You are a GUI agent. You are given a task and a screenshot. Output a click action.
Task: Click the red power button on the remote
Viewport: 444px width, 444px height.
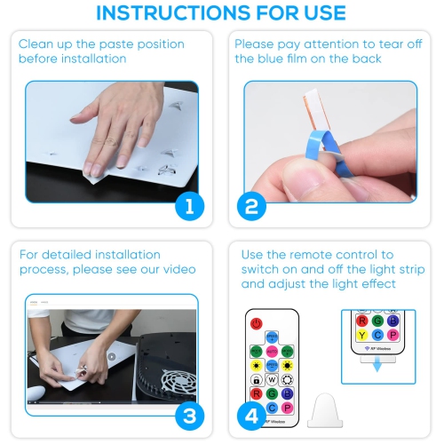[257, 323]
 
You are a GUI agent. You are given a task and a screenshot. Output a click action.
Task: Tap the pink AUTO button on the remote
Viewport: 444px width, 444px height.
[272, 352]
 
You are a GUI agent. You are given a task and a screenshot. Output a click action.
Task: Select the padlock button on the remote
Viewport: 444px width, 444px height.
[257, 380]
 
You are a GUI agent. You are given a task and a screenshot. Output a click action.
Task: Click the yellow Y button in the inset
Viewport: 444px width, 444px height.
[361, 335]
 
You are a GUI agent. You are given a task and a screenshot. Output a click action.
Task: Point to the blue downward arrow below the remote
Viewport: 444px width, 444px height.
[377, 365]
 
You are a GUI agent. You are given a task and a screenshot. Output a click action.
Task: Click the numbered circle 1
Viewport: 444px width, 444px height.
[189, 206]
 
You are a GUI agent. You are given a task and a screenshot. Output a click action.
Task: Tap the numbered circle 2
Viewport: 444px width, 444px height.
[251, 206]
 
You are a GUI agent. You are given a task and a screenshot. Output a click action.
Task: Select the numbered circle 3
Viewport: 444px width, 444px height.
[189, 416]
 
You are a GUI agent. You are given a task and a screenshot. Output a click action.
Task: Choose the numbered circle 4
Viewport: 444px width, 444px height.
[251, 416]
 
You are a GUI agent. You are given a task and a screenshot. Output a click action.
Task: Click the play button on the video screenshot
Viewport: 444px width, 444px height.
[112, 357]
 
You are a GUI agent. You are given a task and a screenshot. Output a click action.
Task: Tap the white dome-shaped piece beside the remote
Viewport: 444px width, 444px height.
[325, 410]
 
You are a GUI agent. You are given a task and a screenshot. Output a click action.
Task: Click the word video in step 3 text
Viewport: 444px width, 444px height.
[179, 269]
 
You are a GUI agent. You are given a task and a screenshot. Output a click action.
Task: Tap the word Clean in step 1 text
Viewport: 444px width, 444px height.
[36, 44]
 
